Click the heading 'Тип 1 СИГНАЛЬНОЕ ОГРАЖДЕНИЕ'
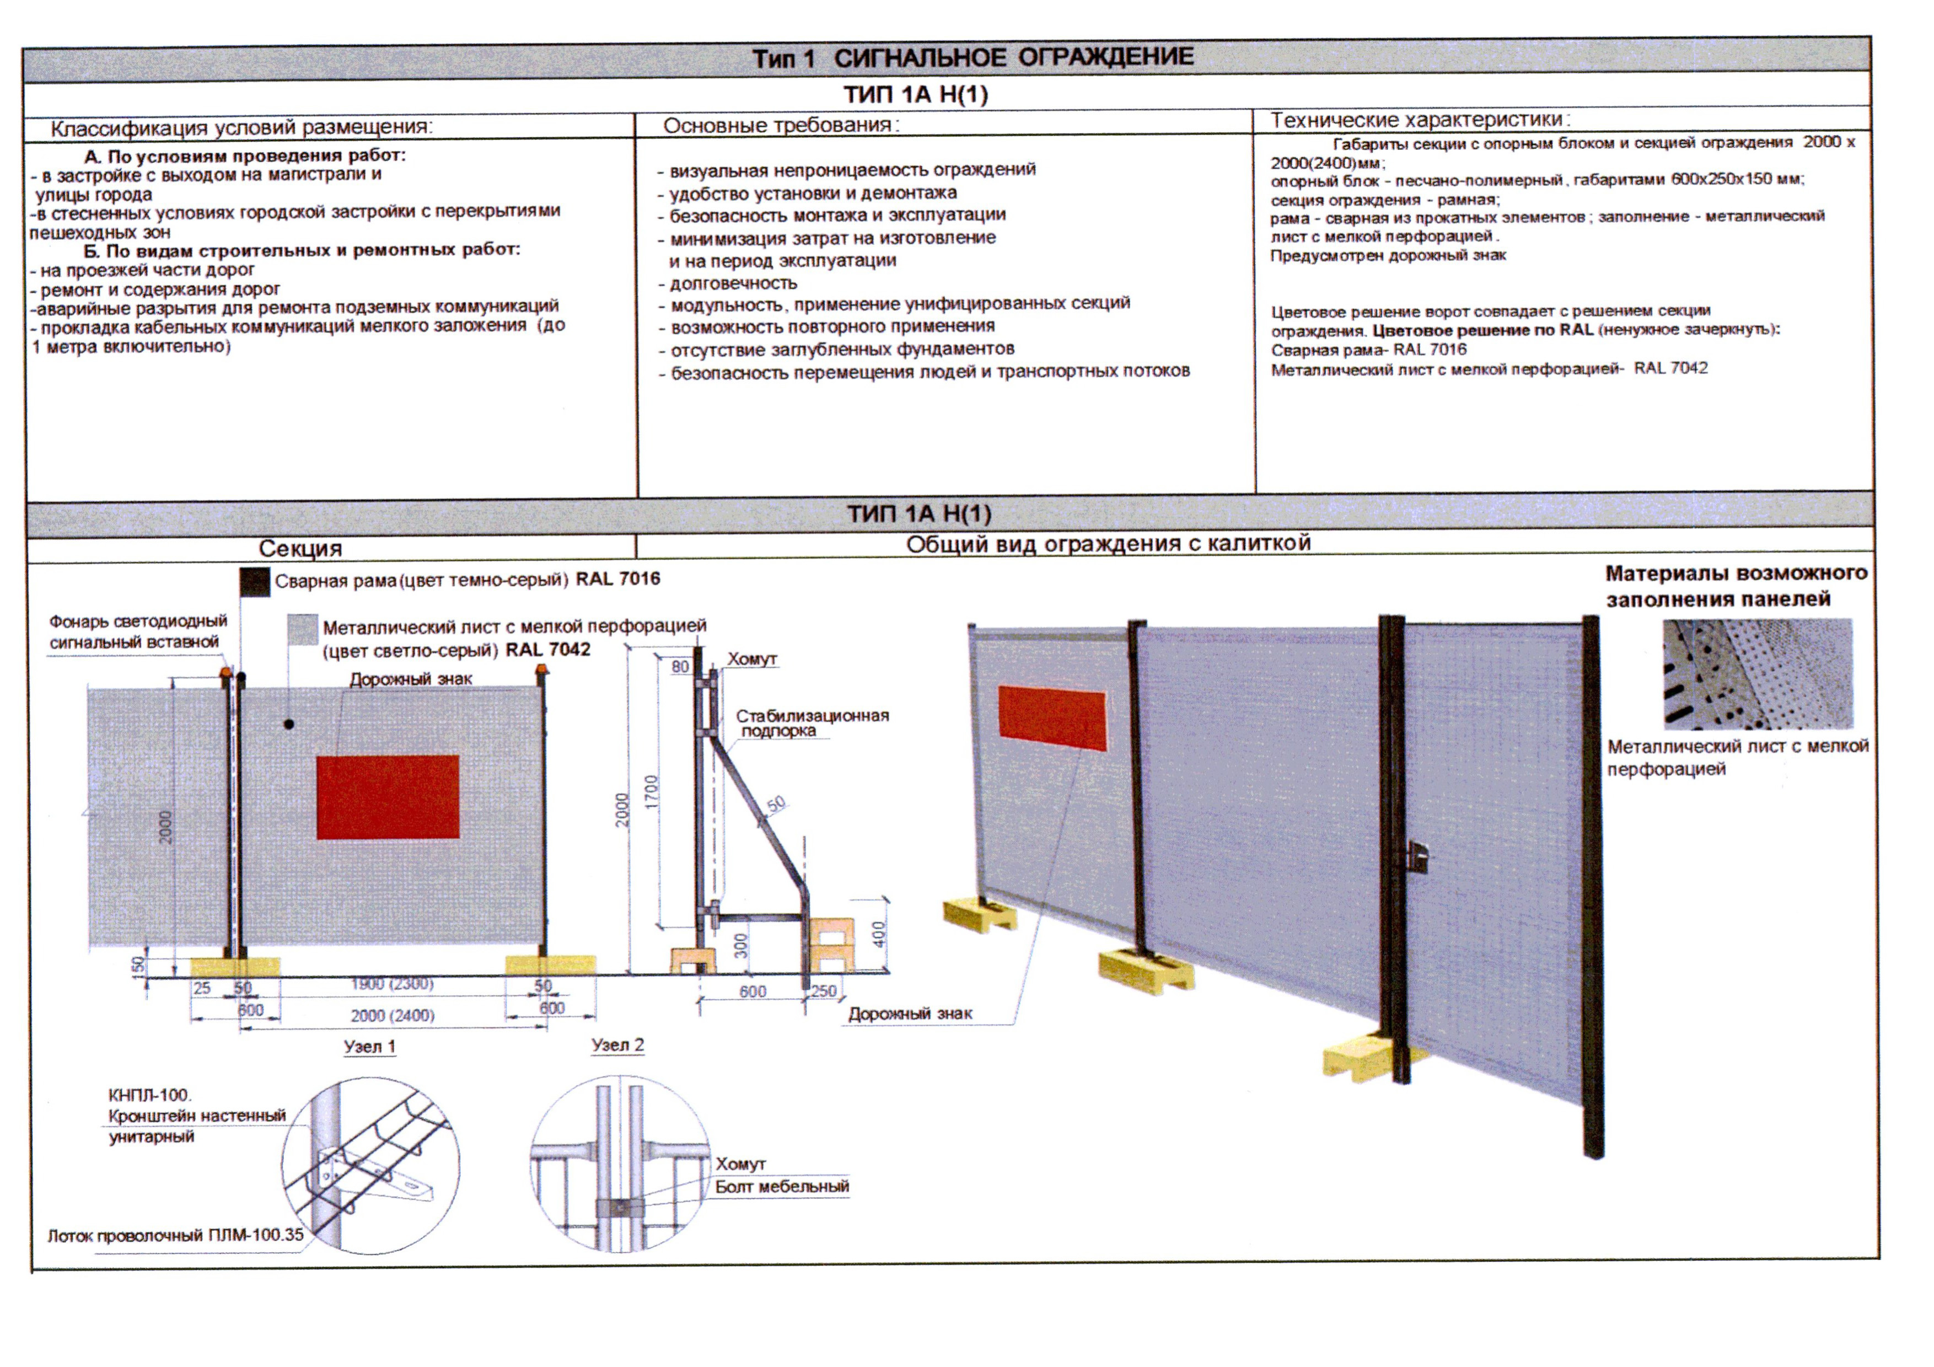point(973,57)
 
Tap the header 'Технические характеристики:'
point(1420,120)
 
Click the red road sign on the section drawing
point(388,797)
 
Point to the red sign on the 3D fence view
point(1051,717)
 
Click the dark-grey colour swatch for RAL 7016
point(254,581)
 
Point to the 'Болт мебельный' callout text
point(782,1186)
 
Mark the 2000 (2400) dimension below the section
point(393,1016)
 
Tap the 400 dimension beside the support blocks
point(879,933)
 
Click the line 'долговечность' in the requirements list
point(733,283)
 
